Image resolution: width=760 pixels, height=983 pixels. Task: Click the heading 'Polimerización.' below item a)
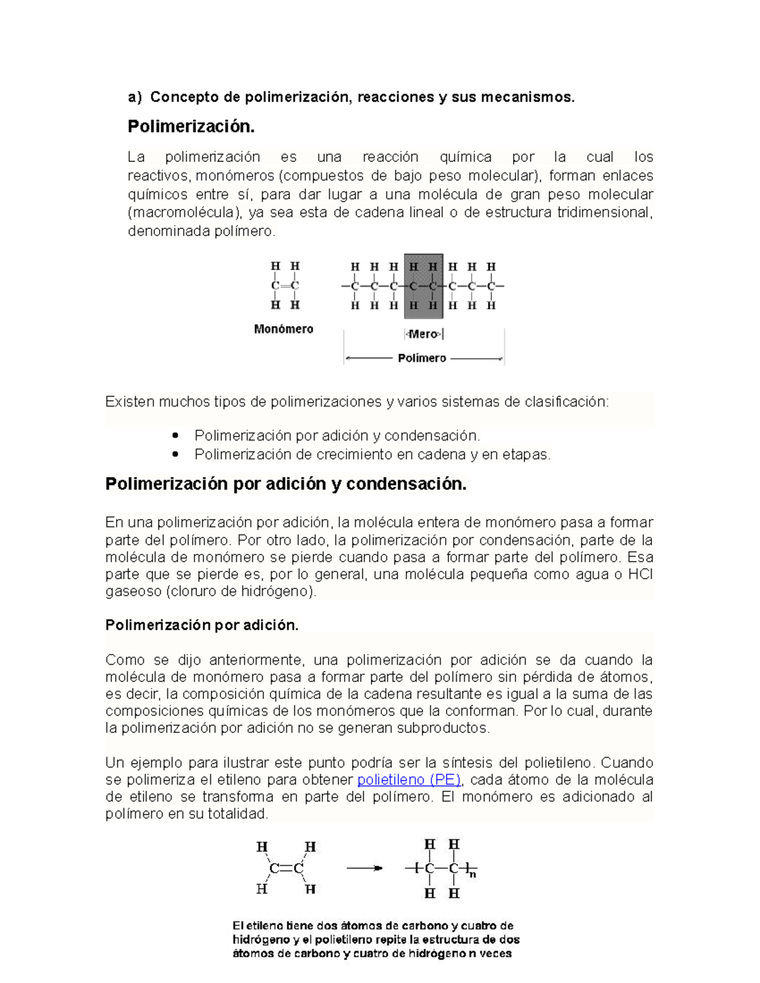click(x=191, y=127)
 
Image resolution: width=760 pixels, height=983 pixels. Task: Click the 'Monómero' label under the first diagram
click(x=283, y=329)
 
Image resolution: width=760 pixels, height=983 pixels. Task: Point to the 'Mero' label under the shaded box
click(x=423, y=334)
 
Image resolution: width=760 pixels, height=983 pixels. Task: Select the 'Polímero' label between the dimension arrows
click(x=422, y=358)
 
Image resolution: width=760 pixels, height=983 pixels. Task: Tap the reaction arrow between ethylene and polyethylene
click(x=365, y=868)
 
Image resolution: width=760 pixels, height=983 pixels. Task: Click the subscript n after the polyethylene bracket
click(x=472, y=875)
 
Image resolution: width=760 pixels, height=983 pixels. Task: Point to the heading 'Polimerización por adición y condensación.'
click(x=286, y=484)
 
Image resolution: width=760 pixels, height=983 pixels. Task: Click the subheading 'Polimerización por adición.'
click(x=201, y=625)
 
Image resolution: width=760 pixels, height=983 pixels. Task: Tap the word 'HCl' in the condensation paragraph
click(x=640, y=575)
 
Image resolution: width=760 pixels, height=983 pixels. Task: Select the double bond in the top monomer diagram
click(x=285, y=286)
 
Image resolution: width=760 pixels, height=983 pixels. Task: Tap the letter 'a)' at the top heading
click(x=134, y=97)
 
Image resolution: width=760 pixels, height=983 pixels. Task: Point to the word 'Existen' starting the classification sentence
click(x=130, y=402)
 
